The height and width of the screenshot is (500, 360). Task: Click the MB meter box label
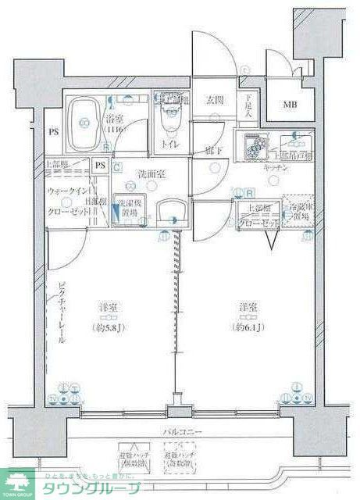pos(290,105)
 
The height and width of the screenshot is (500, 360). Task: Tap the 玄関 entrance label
pos(215,100)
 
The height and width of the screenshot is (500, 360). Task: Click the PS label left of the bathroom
pos(54,133)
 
